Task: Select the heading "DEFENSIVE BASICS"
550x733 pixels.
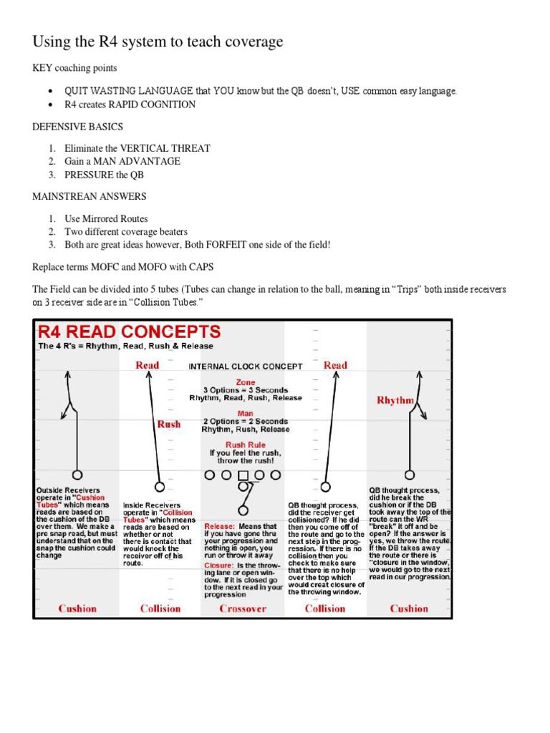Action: pyautogui.click(x=77, y=127)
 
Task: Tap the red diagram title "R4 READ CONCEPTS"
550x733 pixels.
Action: pyautogui.click(x=129, y=331)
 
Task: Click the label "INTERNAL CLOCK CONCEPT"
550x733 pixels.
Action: pyautogui.click(x=246, y=366)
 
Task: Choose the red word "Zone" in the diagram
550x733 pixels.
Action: pyautogui.click(x=245, y=382)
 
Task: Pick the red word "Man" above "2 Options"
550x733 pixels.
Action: pyautogui.click(x=245, y=413)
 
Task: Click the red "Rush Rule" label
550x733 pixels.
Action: pyautogui.click(x=245, y=445)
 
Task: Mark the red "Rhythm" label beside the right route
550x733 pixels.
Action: pyautogui.click(x=395, y=401)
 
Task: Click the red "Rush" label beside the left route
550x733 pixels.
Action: pyautogui.click(x=169, y=424)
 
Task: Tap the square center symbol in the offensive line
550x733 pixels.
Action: pyautogui.click(x=243, y=475)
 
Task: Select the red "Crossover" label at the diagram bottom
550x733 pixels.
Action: pyautogui.click(x=243, y=608)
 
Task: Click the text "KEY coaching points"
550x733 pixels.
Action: pyautogui.click(x=74, y=68)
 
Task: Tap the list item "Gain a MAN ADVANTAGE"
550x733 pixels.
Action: pyautogui.click(x=122, y=161)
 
